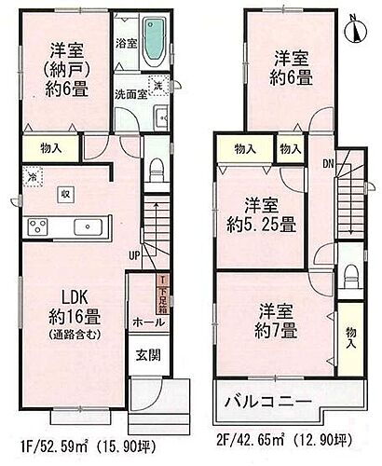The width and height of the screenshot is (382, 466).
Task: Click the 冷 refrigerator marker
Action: [x=31, y=175]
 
